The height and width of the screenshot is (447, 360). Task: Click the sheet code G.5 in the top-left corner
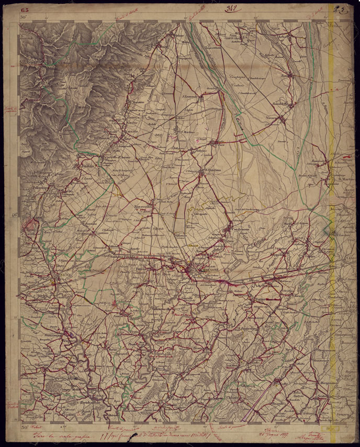(25, 9)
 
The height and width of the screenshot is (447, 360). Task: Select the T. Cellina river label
(240, 124)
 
